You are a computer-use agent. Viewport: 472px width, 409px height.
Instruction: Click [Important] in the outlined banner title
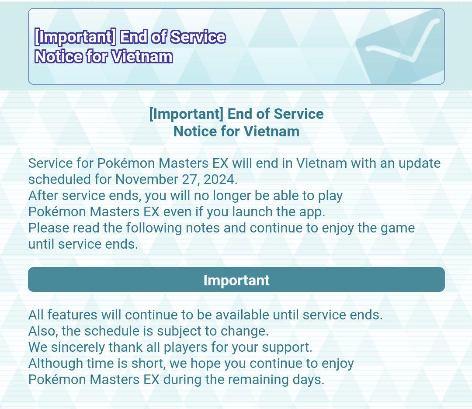[x=75, y=37]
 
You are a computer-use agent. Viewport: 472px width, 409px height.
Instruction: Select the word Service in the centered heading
[x=298, y=114]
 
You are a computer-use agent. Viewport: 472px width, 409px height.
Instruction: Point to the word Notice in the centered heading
[x=195, y=132]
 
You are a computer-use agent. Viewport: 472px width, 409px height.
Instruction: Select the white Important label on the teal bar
[x=236, y=280]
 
